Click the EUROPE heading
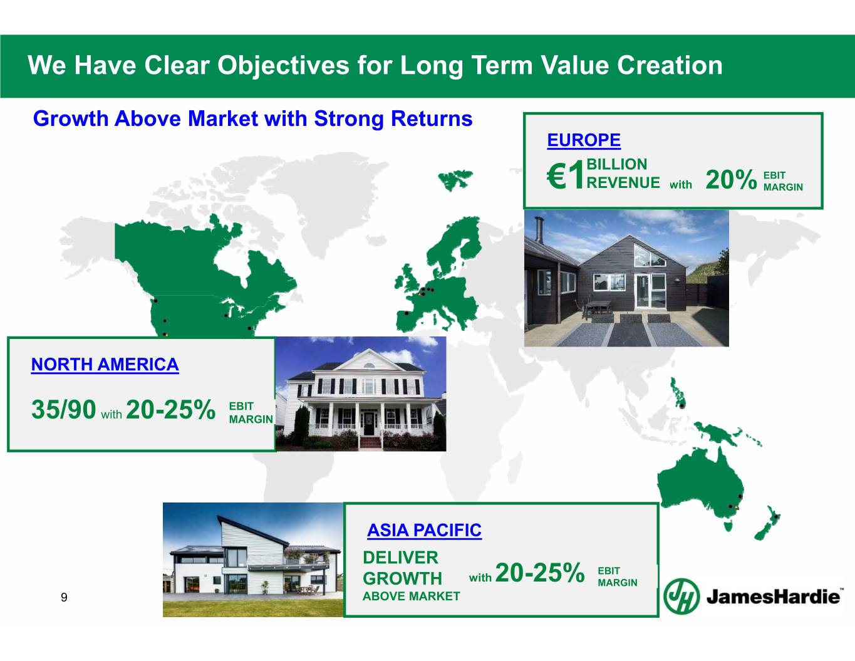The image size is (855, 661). pyautogui.click(x=584, y=140)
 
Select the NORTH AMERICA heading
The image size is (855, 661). pyautogui.click(x=105, y=365)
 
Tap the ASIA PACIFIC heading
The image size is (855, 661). pyautogui.click(x=424, y=530)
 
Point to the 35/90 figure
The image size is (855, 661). pyautogui.click(x=64, y=409)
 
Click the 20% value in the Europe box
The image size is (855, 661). pyautogui.click(x=731, y=179)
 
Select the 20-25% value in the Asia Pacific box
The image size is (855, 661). pyautogui.click(x=540, y=572)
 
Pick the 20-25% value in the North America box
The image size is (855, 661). pyautogui.click(x=171, y=409)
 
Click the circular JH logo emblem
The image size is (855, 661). pyautogui.click(x=681, y=596)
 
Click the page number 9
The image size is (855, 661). pyautogui.click(x=64, y=597)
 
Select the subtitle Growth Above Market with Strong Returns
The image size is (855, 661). pyautogui.click(x=252, y=118)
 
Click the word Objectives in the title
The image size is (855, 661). pyautogui.click(x=283, y=65)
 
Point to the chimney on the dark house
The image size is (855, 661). pyautogui.click(x=539, y=229)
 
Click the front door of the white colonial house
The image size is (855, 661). pyautogui.click(x=369, y=423)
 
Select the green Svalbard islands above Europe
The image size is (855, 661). pyautogui.click(x=455, y=180)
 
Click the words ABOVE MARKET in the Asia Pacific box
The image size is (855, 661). pyautogui.click(x=411, y=596)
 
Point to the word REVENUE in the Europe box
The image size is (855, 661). pyautogui.click(x=623, y=182)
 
